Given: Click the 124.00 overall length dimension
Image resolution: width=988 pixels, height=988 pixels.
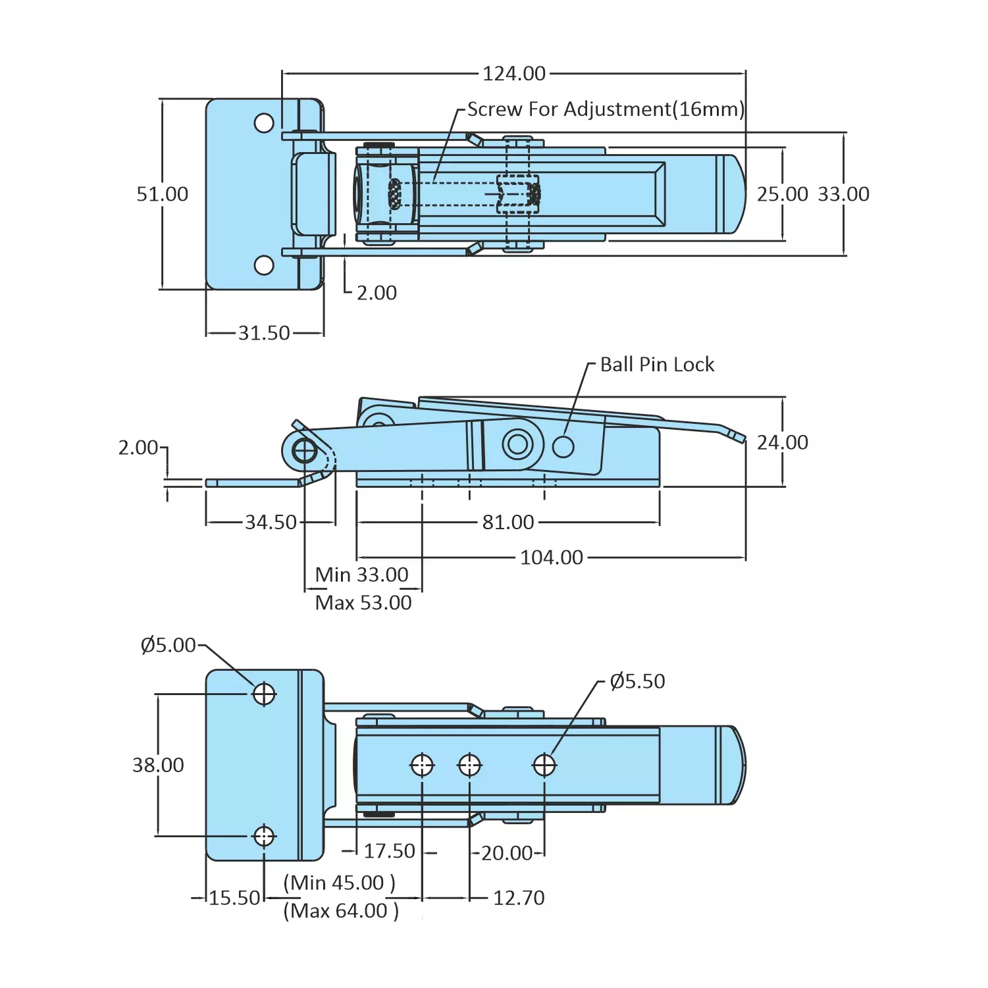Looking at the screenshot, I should (514, 74).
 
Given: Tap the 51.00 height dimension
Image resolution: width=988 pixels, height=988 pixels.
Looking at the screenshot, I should (162, 194).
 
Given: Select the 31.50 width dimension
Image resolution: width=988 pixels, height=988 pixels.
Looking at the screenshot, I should (264, 333).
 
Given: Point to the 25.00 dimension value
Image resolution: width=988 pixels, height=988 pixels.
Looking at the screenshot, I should (782, 194).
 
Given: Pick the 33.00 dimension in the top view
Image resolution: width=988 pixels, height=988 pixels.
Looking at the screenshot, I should (843, 194).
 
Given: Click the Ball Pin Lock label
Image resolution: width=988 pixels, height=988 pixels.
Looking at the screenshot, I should (657, 365).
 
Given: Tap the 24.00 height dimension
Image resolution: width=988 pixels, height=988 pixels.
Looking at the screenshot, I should (782, 442).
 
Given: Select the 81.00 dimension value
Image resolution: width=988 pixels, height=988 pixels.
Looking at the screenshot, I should (508, 523).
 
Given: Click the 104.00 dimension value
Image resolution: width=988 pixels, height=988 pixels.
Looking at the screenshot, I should (552, 558).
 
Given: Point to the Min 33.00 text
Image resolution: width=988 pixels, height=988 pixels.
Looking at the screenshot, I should (361, 575).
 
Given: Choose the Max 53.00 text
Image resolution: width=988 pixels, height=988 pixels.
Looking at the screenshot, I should (363, 603).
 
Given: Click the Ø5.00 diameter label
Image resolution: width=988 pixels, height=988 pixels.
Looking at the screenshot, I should (169, 645).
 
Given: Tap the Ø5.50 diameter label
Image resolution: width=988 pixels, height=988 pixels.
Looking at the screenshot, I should (637, 681).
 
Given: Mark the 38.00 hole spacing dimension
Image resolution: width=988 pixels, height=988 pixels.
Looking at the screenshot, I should (158, 765).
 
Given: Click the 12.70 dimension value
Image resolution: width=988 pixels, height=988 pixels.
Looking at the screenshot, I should (519, 898).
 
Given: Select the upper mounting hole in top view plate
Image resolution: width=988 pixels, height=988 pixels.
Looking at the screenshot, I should (264, 123).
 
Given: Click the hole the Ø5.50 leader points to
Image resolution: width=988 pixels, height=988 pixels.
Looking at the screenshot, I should (544, 765).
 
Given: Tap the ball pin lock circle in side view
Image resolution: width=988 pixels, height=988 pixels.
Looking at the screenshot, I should (563, 446).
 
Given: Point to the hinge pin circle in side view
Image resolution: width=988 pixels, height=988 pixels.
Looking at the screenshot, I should (305, 452).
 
